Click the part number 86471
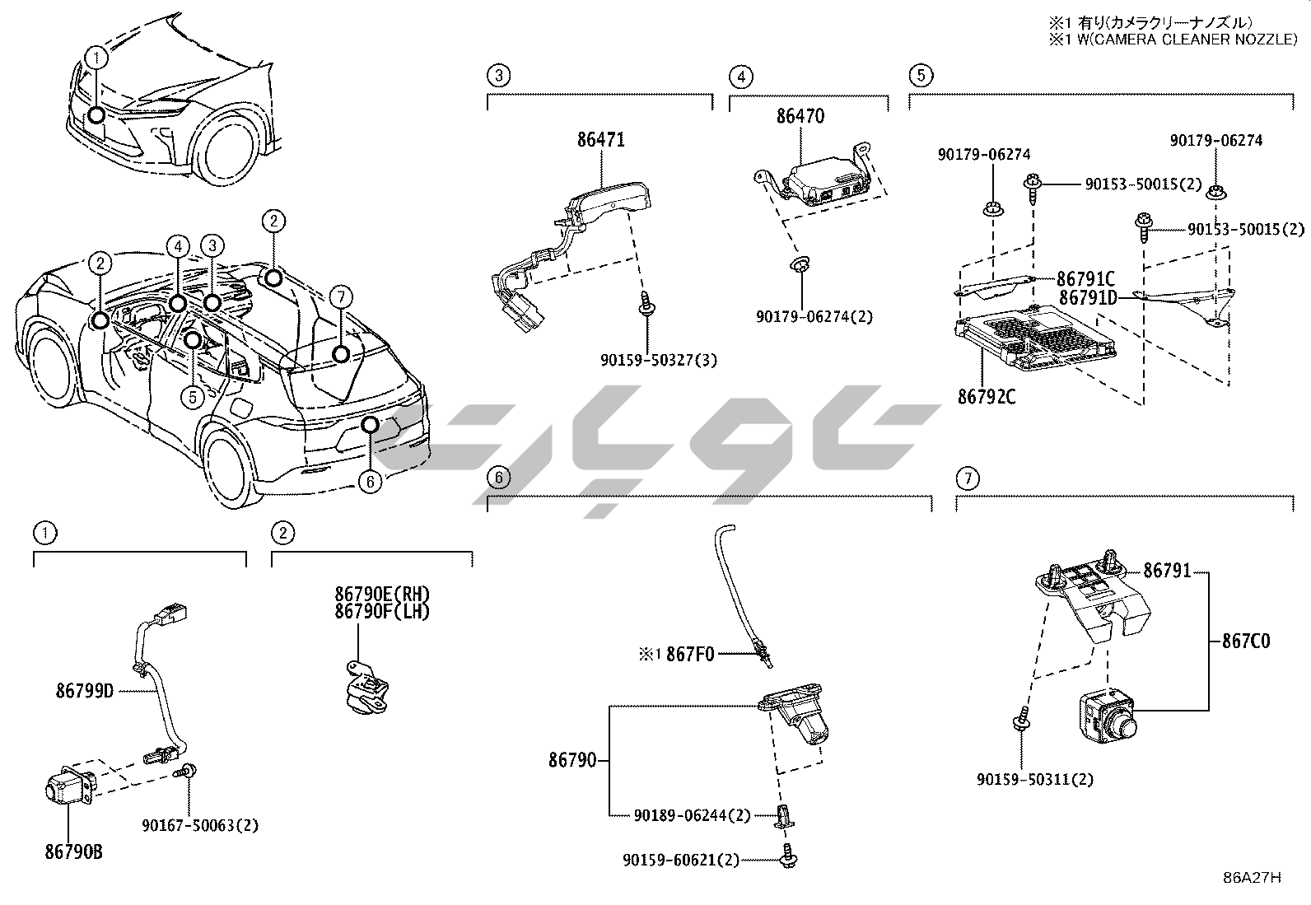click(x=601, y=140)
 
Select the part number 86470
click(x=800, y=116)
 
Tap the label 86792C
click(x=987, y=397)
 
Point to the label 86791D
click(x=1088, y=298)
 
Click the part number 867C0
click(x=1246, y=641)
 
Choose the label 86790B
click(x=74, y=851)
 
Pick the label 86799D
click(x=85, y=692)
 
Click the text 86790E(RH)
click(x=382, y=595)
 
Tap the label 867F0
click(x=690, y=654)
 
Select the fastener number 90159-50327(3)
click(x=659, y=360)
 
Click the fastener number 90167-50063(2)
click(x=200, y=825)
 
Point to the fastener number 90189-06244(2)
click(x=693, y=815)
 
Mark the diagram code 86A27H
click(x=1252, y=878)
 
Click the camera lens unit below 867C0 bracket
click(x=1108, y=717)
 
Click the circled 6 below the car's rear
click(x=370, y=482)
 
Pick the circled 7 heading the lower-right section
click(x=968, y=478)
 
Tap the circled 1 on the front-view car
click(x=96, y=58)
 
